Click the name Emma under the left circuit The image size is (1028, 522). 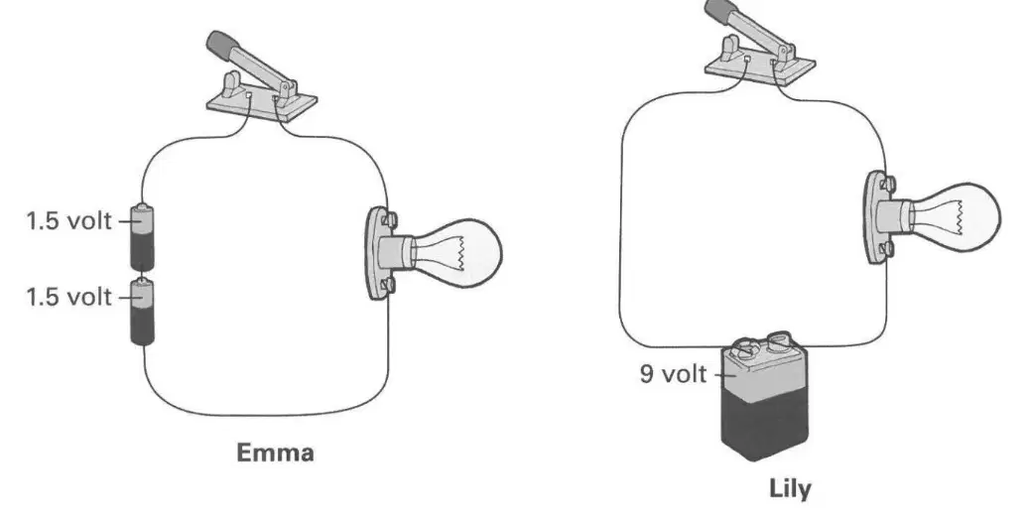(x=275, y=453)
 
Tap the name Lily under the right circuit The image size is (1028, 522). (x=790, y=490)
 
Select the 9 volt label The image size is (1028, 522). (x=674, y=374)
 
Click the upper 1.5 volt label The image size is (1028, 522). (x=68, y=220)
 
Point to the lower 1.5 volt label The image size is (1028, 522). (x=68, y=297)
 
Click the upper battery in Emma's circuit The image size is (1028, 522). (x=142, y=237)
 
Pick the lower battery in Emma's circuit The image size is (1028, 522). (x=142, y=312)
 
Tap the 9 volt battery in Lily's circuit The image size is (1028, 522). (x=764, y=398)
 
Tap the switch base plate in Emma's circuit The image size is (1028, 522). (x=262, y=104)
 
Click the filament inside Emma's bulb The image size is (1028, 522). (x=462, y=253)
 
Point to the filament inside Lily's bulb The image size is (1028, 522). (x=962, y=216)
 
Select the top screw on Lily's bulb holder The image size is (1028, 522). (x=888, y=184)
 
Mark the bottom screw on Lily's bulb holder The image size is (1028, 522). (x=887, y=249)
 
